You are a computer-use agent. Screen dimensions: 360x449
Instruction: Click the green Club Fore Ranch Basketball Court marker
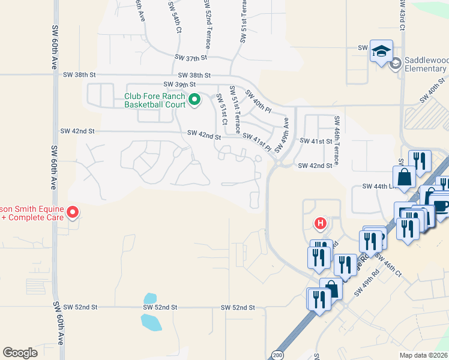pos(194,100)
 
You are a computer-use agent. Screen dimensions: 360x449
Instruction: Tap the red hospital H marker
pos(321,224)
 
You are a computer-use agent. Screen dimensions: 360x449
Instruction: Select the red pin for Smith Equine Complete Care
pos(73,212)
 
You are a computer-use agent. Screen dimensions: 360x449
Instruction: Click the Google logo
pos(20,353)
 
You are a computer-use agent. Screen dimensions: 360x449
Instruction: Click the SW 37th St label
pos(191,58)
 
